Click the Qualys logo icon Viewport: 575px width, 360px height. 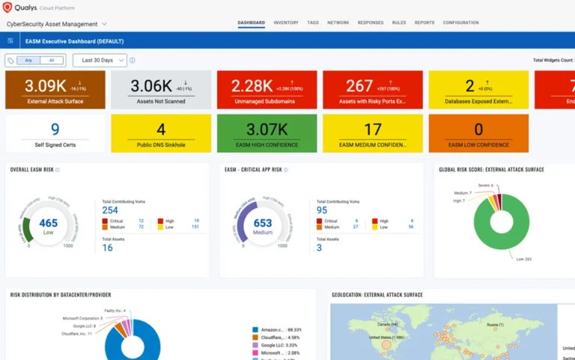[x=7, y=8]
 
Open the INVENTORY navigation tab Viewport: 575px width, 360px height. [x=286, y=22]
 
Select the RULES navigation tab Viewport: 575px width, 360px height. [x=399, y=22]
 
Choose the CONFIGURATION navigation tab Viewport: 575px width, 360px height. [x=460, y=22]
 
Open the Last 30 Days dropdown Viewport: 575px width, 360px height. [x=100, y=60]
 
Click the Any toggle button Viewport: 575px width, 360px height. [x=28, y=61]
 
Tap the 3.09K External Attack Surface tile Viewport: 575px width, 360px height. [x=55, y=90]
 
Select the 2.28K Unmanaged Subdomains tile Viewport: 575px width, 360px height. [x=267, y=90]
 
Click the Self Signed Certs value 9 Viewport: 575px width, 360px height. [x=55, y=129]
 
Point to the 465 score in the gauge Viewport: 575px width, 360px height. [x=48, y=223]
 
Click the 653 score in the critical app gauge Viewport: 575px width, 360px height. [x=263, y=223]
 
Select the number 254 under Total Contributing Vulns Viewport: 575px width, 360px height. [x=110, y=210]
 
